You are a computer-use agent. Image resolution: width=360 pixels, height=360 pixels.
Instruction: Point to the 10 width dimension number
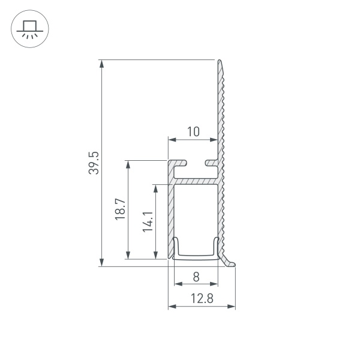193,131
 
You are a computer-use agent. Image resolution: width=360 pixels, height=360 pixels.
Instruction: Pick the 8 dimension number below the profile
196,277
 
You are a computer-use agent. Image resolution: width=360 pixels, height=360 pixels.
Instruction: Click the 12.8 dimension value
201,298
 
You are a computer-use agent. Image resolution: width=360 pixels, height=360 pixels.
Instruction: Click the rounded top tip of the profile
220,62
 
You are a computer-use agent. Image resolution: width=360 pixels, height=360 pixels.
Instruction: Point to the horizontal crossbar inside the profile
195,180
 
